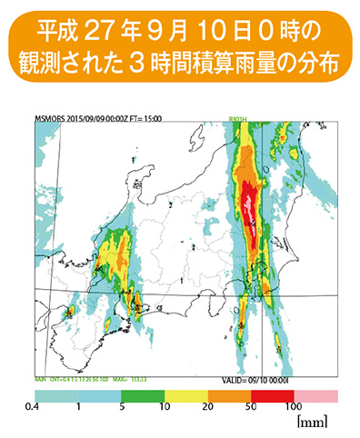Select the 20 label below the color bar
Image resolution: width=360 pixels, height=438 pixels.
tap(208, 408)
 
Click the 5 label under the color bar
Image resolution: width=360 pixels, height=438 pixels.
tap(119, 408)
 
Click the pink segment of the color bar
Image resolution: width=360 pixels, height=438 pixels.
tap(317, 396)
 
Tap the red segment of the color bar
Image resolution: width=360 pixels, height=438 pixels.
tap(273, 396)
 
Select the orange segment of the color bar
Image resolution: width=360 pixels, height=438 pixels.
tap(229, 396)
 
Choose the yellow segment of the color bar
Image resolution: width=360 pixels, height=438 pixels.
tap(185, 396)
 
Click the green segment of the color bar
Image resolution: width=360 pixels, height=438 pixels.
tap(141, 396)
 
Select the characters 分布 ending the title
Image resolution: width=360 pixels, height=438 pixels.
tap(321, 64)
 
